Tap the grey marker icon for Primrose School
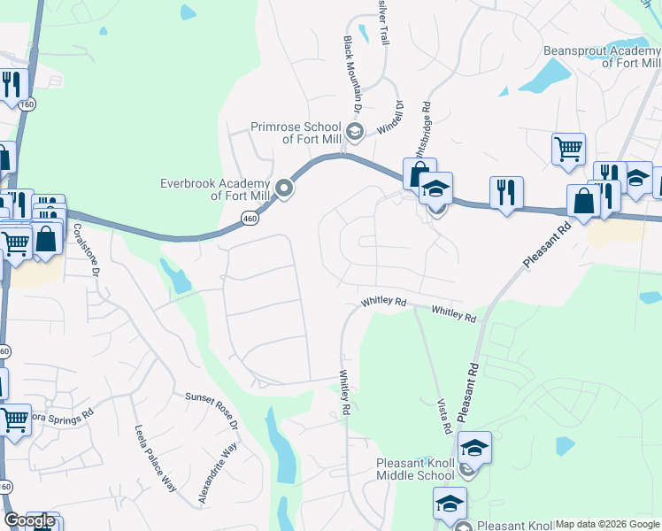[x=354, y=133]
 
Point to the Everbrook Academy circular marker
[x=284, y=188]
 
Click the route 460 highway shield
[x=250, y=218]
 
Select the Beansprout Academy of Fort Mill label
[x=602, y=57]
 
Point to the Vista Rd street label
[x=443, y=414]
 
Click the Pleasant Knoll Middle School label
[x=415, y=469]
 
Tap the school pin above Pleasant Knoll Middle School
[x=474, y=448]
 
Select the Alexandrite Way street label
[x=218, y=473]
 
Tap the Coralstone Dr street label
[x=86, y=250]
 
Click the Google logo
[x=29, y=520]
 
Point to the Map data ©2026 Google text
[x=607, y=524]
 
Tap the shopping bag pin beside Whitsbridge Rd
[x=419, y=173]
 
